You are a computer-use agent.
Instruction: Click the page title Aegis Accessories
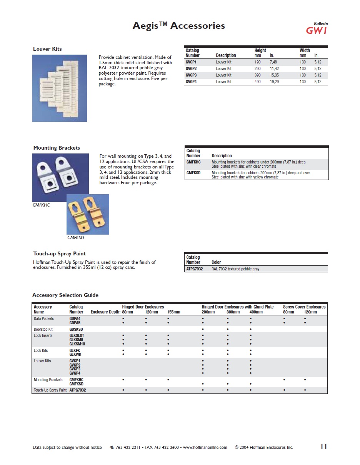[178, 26]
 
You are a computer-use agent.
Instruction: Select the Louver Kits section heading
[47, 49]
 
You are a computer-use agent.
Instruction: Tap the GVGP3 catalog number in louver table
[191, 75]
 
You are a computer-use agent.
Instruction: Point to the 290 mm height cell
[257, 68]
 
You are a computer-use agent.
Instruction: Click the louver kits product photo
[60, 88]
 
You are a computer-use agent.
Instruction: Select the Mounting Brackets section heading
[57, 148]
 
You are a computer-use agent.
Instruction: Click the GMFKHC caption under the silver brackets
[41, 205]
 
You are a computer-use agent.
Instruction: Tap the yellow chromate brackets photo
[88, 214]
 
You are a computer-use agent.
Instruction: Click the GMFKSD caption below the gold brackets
[75, 238]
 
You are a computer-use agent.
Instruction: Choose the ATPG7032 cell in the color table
[194, 269]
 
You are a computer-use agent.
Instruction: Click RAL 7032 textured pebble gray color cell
[235, 269]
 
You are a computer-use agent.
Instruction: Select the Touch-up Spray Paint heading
[59, 253]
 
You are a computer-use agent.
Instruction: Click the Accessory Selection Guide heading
[65, 295]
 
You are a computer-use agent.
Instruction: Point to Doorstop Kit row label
[43, 329]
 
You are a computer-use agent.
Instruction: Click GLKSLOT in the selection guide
[77, 335]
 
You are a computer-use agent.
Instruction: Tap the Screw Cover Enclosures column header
[304, 307]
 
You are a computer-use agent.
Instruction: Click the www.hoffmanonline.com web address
[205, 447]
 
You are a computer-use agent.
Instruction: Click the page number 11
[323, 447]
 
